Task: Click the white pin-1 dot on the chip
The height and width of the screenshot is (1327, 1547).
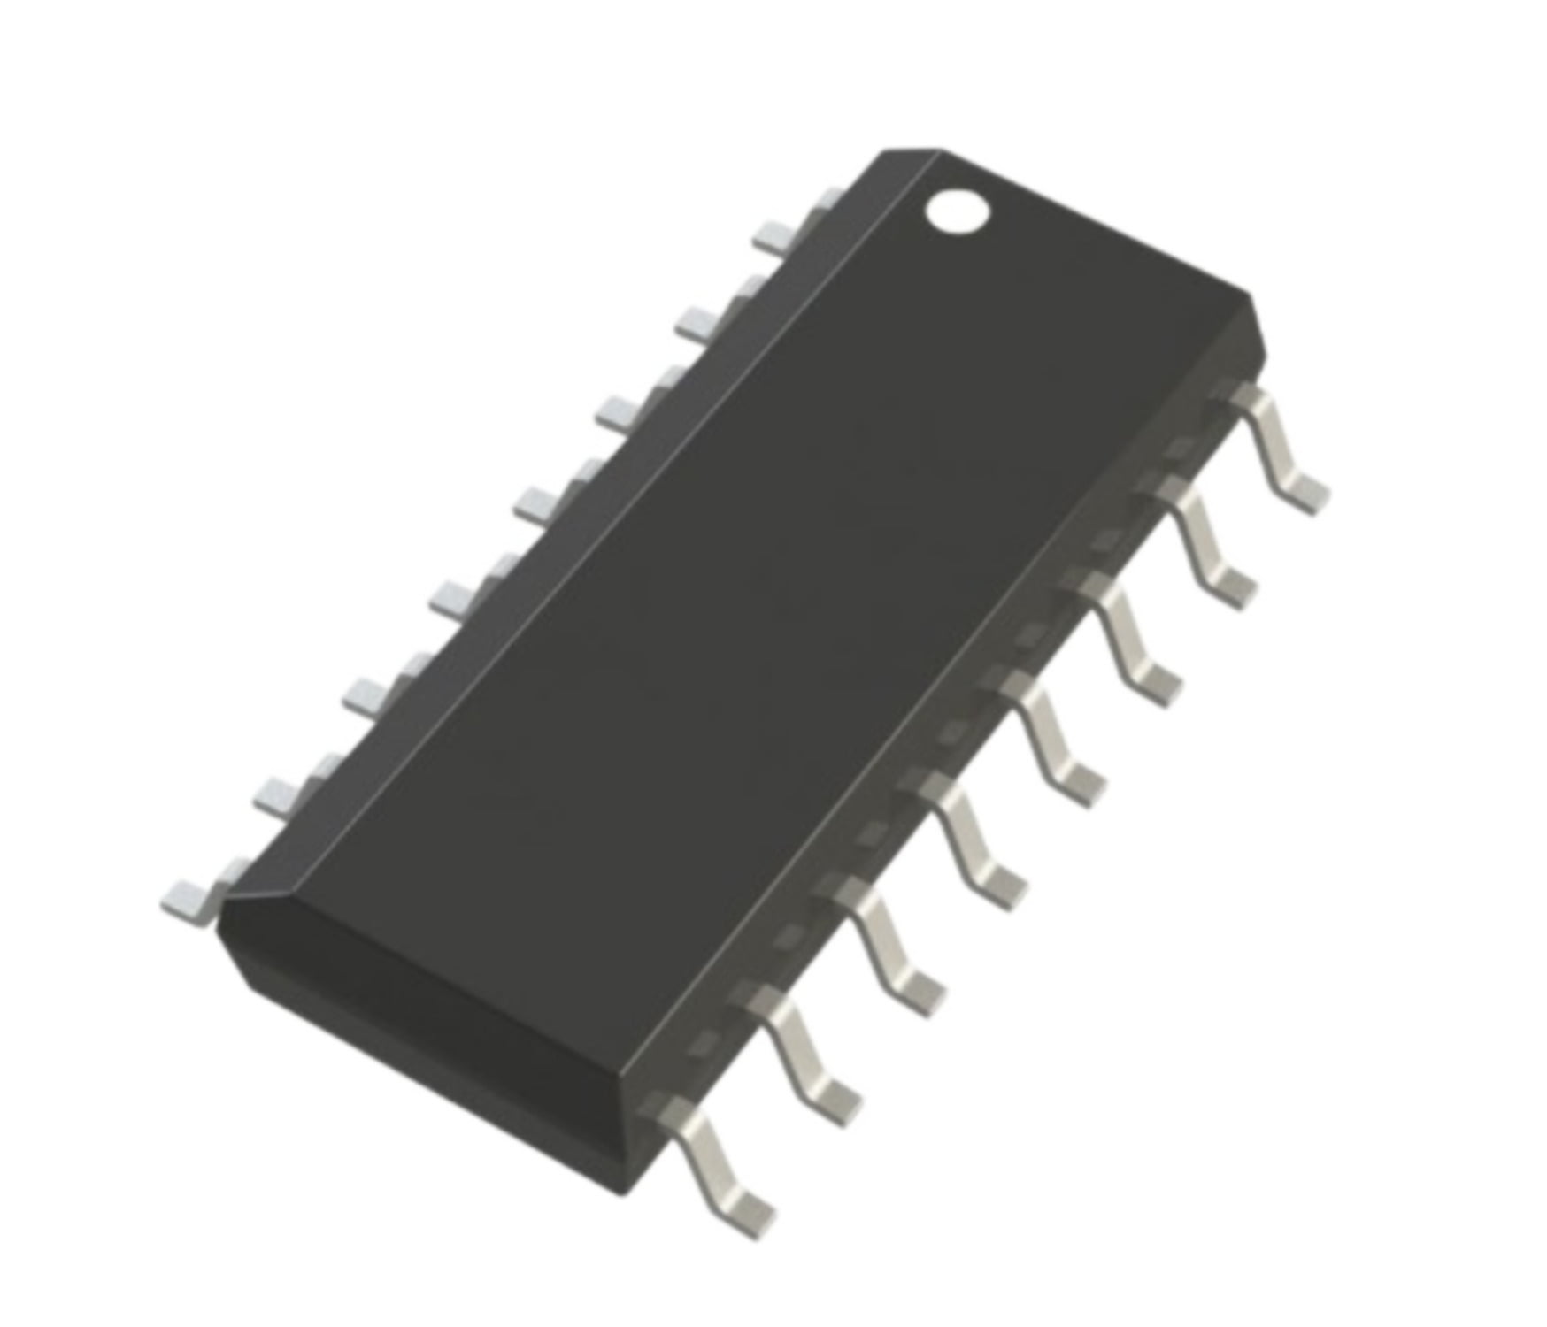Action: (x=957, y=211)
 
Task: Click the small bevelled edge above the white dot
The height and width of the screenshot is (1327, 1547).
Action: (x=912, y=156)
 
